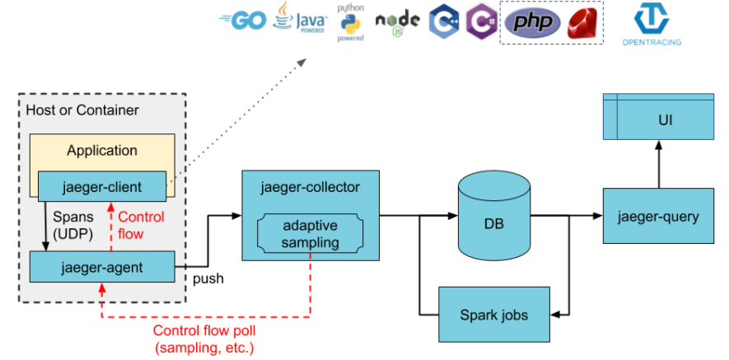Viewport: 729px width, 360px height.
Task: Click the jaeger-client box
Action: pyautogui.click(x=102, y=187)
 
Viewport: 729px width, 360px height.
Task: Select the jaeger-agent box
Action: pyautogui.click(x=102, y=267)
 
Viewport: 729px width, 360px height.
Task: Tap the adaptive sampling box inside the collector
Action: pyautogui.click(x=310, y=234)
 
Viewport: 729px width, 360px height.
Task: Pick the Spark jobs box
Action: pyautogui.click(x=493, y=314)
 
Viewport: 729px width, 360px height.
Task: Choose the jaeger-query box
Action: pyautogui.click(x=658, y=217)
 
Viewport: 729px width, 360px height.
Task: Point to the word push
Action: pyautogui.click(x=208, y=279)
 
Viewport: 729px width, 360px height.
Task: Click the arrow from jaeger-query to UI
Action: pyautogui.click(x=658, y=165)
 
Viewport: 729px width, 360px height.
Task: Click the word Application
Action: pyautogui.click(x=102, y=150)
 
